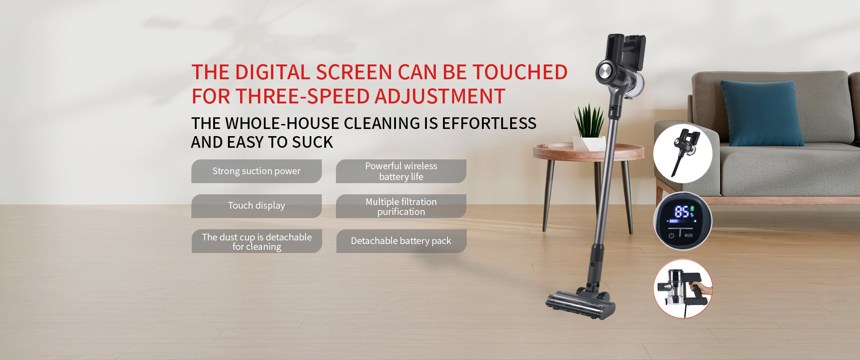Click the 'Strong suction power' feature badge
click(256, 171)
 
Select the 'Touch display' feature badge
click(256, 206)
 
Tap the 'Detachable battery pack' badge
click(401, 241)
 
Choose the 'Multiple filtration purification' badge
click(401, 206)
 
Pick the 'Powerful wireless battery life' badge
click(401, 171)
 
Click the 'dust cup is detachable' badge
click(257, 241)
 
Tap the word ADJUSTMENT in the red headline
click(439, 97)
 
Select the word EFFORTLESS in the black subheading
click(489, 124)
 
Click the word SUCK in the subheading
click(312, 142)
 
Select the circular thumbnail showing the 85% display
click(683, 221)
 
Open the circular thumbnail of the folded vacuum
click(683, 154)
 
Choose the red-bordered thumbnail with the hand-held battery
click(683, 289)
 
